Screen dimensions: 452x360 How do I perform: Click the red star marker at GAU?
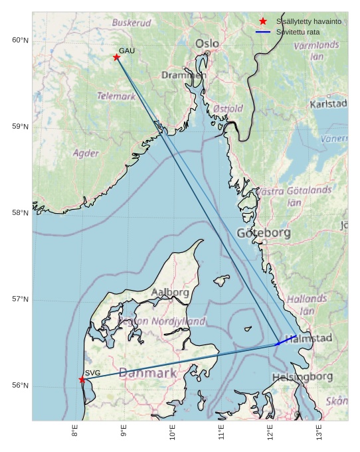(116, 57)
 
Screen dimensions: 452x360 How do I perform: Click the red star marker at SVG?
(82, 380)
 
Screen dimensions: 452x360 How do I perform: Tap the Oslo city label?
(207, 44)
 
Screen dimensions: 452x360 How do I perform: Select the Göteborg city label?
(264, 233)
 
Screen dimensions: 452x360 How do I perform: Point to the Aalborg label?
(170, 292)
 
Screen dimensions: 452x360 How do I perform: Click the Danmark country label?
(147, 373)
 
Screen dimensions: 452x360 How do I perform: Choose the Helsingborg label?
(302, 377)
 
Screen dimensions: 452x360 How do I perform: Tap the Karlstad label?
(328, 104)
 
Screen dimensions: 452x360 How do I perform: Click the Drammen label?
(184, 75)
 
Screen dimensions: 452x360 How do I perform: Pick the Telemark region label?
(116, 96)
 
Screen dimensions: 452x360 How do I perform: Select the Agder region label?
(86, 153)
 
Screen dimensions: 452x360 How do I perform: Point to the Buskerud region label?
(131, 23)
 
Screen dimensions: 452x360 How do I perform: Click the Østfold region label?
(228, 108)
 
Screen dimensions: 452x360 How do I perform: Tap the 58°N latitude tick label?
(20, 213)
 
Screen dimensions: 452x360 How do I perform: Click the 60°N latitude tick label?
(20, 40)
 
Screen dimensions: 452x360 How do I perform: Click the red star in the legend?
(263, 21)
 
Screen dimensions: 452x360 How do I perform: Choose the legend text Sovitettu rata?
(302, 31)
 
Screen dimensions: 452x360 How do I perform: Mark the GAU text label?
(127, 51)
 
